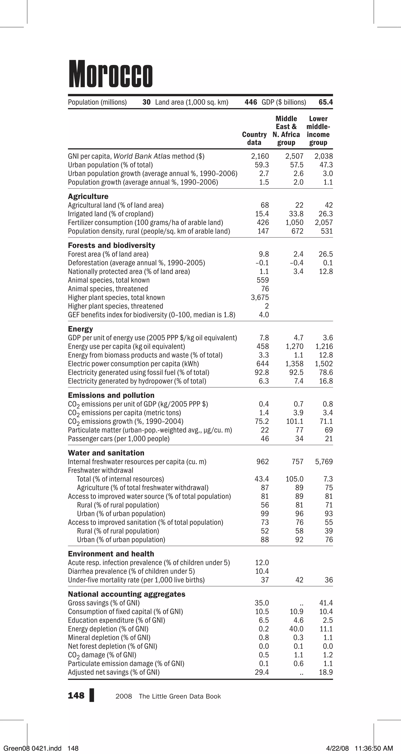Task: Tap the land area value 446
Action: point(251,102)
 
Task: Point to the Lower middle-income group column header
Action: point(318,131)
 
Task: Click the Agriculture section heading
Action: point(88,196)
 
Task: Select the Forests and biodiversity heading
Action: point(112,245)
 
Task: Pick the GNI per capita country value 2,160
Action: point(260,156)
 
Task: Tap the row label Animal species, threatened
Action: point(108,289)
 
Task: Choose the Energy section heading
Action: point(80,329)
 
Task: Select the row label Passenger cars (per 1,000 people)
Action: point(119,439)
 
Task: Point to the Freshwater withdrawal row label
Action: point(100,470)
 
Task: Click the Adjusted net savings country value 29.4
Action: point(262,672)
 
